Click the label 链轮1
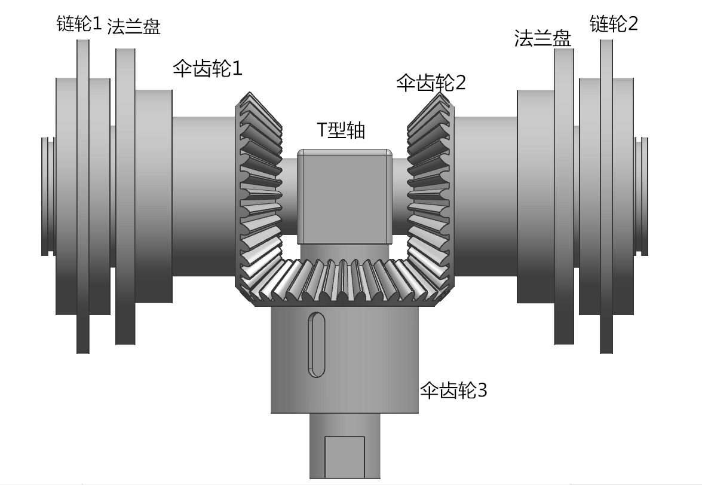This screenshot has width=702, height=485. [x=79, y=25]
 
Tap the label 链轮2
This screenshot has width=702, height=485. [x=614, y=24]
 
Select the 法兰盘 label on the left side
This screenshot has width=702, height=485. [x=133, y=28]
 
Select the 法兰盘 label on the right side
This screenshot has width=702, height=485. [x=542, y=39]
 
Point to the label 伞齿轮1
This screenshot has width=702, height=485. [x=207, y=68]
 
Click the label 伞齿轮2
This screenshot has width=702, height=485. [x=431, y=83]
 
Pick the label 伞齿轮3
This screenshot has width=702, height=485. [x=453, y=391]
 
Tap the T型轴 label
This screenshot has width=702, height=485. [x=341, y=130]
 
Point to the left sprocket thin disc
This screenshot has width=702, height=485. [x=83, y=197]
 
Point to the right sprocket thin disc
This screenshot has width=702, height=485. [x=606, y=197]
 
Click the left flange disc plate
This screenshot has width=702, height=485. [x=125, y=197]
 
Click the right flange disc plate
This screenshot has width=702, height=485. [x=564, y=197]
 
